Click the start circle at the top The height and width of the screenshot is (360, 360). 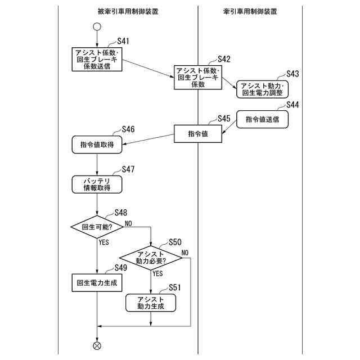click(97, 27)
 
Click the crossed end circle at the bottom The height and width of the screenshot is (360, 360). click(97, 345)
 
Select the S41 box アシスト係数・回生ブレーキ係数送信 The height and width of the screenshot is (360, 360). click(97, 59)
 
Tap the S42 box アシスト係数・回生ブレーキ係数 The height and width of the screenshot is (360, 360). click(198, 78)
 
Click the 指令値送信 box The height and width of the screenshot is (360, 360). click(262, 119)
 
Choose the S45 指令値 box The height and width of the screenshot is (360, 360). click(198, 134)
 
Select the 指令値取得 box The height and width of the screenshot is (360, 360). click(97, 145)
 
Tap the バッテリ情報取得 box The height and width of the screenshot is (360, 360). click(97, 184)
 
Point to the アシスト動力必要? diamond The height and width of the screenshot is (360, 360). click(151, 257)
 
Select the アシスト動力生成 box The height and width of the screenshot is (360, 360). click(150, 303)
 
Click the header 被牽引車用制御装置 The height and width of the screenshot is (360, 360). click(127, 11)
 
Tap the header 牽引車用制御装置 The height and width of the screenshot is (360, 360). click(250, 11)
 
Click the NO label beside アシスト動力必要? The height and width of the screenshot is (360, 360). click(185, 251)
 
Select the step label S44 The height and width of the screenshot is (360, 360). click(292, 105)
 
